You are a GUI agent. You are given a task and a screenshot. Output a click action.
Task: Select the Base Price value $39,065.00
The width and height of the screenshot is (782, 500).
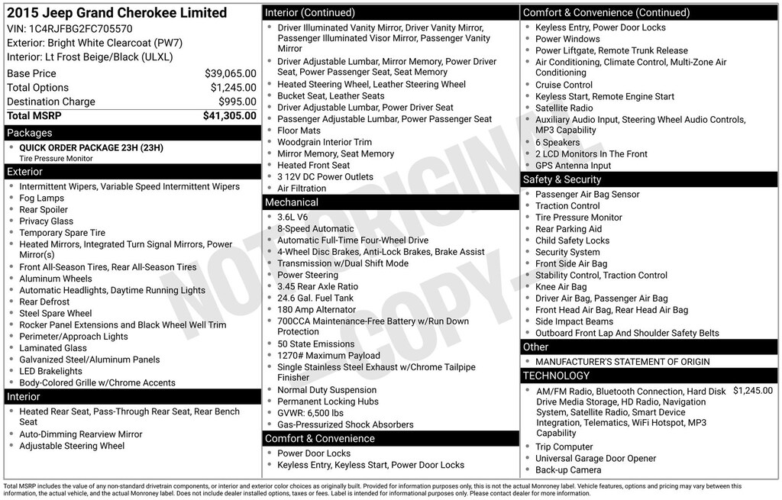(230, 74)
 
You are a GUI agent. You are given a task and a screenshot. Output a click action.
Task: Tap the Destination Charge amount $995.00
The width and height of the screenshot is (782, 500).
(237, 102)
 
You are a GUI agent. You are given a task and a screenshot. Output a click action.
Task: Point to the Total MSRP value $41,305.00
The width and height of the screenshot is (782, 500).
(229, 116)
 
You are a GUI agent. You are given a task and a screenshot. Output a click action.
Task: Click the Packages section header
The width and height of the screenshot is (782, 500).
(30, 133)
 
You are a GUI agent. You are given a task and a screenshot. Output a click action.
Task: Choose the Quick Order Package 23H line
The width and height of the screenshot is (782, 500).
(91, 147)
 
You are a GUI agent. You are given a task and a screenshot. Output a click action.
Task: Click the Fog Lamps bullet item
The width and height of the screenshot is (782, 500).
(42, 198)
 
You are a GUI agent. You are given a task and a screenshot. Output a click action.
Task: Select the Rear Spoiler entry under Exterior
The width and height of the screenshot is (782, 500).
(44, 210)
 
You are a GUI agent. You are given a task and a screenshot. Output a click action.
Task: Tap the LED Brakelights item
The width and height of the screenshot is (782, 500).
(50, 371)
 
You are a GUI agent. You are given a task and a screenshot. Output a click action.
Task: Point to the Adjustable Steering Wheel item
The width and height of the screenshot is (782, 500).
(72, 446)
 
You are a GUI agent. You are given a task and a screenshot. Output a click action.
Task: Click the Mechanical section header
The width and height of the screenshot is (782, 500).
(291, 202)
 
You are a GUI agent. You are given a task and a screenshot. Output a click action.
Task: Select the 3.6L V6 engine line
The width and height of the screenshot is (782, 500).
(293, 217)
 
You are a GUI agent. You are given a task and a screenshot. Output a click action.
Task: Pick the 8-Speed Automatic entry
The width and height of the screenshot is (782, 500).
(315, 228)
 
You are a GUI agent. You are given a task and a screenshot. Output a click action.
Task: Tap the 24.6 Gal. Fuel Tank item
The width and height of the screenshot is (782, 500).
(315, 298)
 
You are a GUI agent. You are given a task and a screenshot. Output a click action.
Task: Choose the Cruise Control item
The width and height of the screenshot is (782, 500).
(564, 85)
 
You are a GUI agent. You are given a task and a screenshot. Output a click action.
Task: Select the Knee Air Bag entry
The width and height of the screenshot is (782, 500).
(561, 287)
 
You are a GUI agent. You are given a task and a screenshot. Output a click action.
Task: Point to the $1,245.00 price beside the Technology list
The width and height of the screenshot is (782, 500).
(752, 391)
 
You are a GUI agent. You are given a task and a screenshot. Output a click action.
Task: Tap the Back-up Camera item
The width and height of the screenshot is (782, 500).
(569, 470)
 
